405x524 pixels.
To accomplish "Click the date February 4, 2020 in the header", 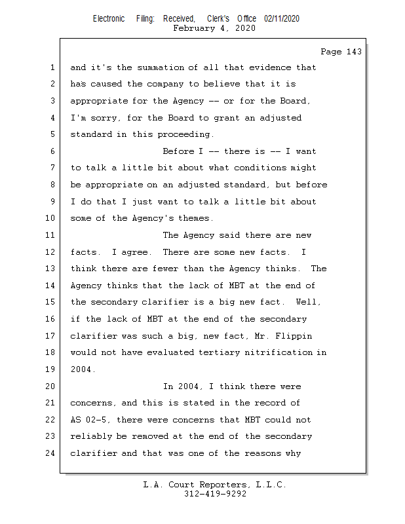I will coord(214,28).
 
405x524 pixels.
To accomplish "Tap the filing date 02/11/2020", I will coord(282,18).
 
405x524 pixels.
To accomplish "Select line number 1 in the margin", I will coord(52,67).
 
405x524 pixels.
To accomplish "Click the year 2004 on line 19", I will coord(81,369).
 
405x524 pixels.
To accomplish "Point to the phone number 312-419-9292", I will coord(214,494).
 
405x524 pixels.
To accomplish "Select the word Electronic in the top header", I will coord(109,18).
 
